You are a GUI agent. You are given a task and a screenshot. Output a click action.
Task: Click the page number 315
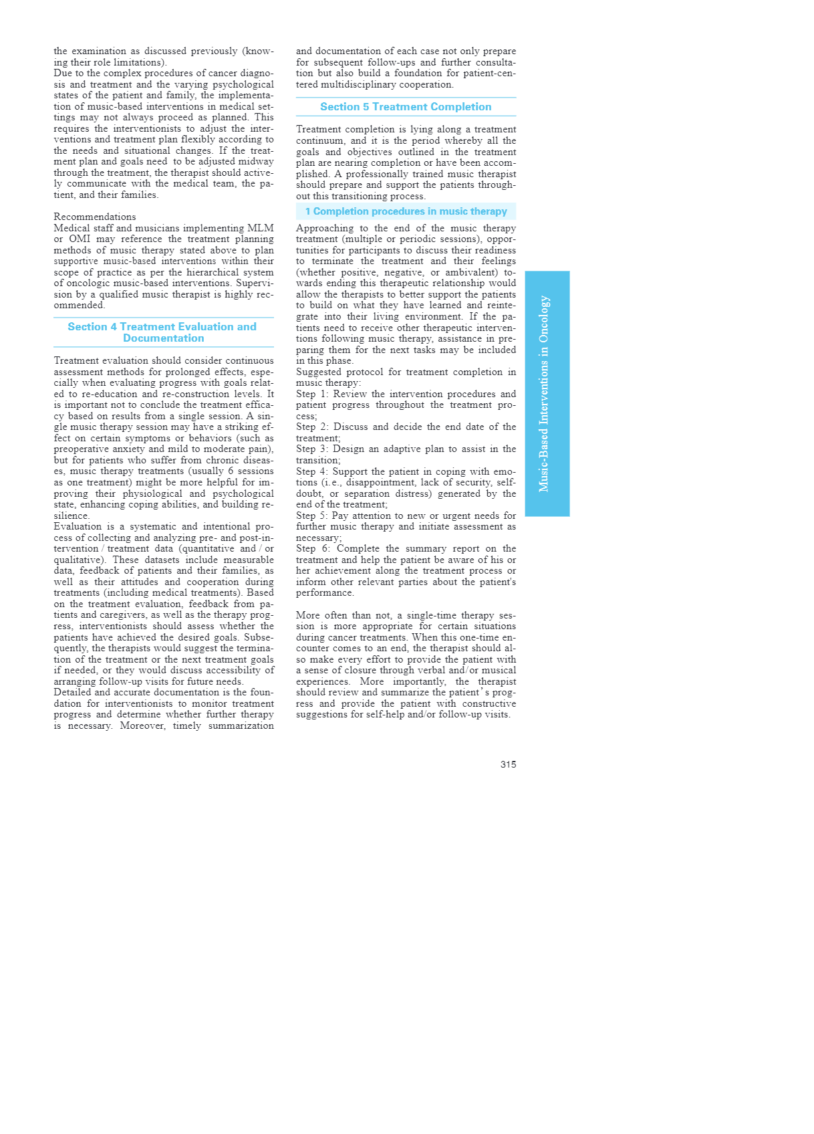pyautogui.click(x=508, y=764)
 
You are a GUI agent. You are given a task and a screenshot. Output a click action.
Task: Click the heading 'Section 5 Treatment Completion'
pyautogui.click(x=406, y=107)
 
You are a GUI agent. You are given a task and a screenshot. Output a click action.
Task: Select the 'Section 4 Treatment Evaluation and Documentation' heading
pyautogui.click(x=163, y=332)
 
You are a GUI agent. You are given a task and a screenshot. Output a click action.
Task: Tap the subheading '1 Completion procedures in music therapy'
pyautogui.click(x=406, y=211)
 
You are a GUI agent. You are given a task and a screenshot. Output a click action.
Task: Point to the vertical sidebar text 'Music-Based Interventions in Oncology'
pyautogui.click(x=545, y=394)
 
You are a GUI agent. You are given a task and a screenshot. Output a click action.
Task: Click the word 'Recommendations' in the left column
pyautogui.click(x=95, y=217)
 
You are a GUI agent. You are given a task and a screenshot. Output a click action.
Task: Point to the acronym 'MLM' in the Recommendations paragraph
pyautogui.click(x=261, y=228)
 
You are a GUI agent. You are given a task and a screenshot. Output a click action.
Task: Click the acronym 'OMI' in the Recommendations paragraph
pyautogui.click(x=80, y=239)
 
